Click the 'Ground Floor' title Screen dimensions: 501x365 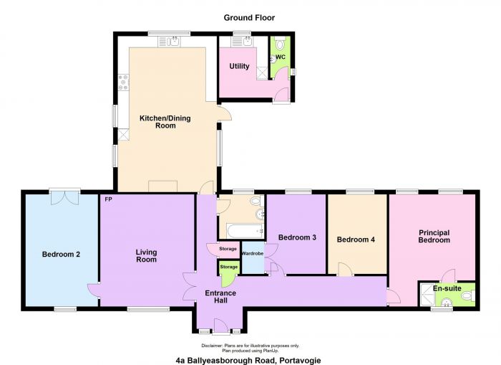click(249, 18)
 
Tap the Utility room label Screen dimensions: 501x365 click(239, 66)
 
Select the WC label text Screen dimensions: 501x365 click(281, 57)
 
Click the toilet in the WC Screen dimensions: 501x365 click(281, 42)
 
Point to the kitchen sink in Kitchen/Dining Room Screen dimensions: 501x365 click(169, 42)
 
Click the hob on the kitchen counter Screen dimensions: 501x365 click(123, 82)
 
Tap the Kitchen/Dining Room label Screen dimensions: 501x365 click(165, 122)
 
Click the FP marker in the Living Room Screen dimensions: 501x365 click(108, 199)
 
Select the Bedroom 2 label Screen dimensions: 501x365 click(61, 255)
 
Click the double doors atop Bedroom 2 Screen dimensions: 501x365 click(65, 197)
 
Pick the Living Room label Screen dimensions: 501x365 click(146, 256)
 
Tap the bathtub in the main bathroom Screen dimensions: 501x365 click(245, 230)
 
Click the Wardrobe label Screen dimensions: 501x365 click(253, 254)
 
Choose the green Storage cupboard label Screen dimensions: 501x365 click(229, 267)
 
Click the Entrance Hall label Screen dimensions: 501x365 click(220, 297)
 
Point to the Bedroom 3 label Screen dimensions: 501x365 click(297, 237)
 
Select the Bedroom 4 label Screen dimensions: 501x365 click(356, 240)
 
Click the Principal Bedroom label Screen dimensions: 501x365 click(434, 237)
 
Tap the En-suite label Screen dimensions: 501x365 click(447, 288)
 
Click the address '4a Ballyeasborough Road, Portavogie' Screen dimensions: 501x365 click(248, 361)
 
